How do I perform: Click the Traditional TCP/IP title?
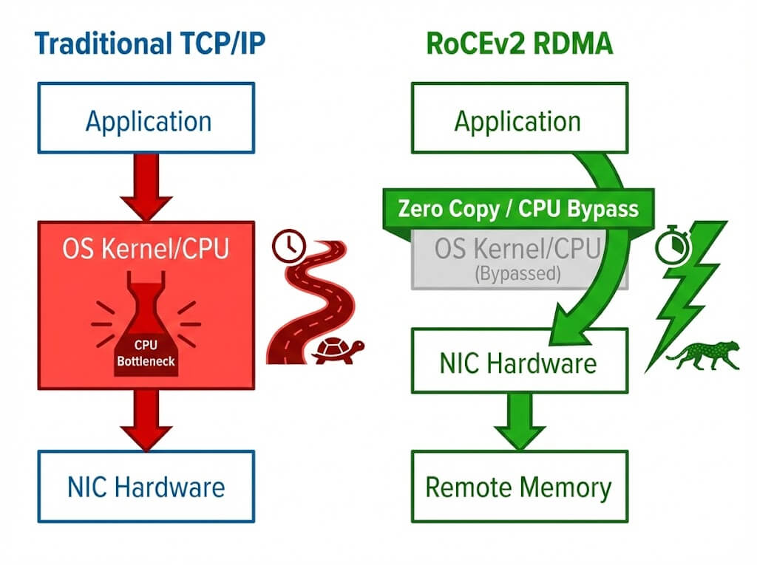[149, 44]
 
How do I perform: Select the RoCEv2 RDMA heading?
[519, 44]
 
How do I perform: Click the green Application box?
[518, 120]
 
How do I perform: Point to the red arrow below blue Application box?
[146, 187]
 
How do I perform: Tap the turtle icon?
[337, 350]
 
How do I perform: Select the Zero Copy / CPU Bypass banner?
[517, 208]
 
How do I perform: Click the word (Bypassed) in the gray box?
[517, 273]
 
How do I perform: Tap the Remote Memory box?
[518, 487]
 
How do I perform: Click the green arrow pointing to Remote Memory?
[518, 420]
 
